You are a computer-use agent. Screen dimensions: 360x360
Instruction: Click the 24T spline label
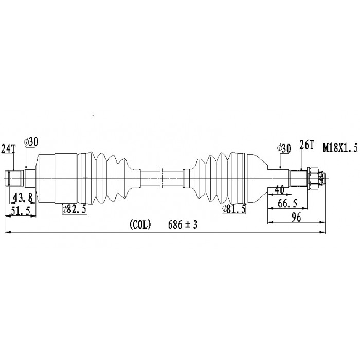point(8,149)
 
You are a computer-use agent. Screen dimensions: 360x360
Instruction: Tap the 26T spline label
point(307,145)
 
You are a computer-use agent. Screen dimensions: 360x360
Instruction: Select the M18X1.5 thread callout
point(340,148)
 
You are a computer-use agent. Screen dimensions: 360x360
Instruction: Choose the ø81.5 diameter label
point(234,209)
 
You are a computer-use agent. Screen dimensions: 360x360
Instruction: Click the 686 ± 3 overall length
point(183,225)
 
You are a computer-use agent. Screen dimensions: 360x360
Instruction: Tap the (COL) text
point(140,224)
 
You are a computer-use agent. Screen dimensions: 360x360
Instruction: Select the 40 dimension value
point(279,190)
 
